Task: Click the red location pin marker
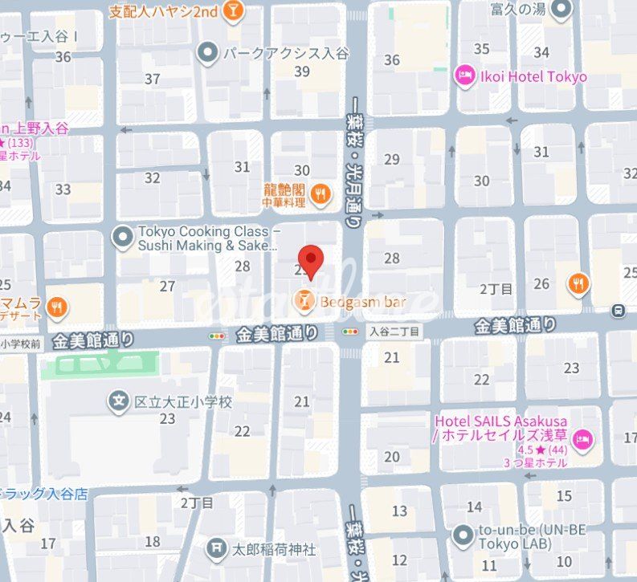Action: coord(310,259)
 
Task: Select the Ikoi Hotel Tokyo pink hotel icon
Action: coord(464,76)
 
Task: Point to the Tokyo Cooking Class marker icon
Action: coord(122,237)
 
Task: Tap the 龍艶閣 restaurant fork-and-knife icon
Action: coord(320,191)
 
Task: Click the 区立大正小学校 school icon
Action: coord(120,401)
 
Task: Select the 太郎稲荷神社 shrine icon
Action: coord(216,549)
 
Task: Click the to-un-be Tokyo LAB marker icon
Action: coord(462,535)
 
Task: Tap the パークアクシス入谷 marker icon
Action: coord(209,53)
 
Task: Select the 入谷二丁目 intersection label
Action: coord(394,331)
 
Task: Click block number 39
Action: coord(302,71)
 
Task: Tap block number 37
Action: coord(153,79)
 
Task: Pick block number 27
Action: coord(167,286)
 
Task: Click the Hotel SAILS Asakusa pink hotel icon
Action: coord(585,438)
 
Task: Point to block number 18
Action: coord(152,542)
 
